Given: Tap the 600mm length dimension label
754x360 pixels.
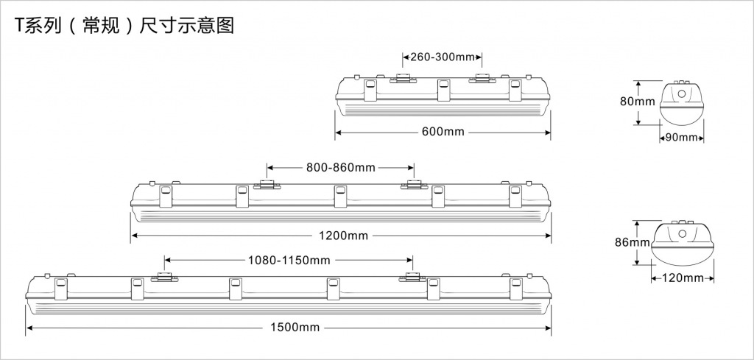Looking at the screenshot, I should [x=443, y=133].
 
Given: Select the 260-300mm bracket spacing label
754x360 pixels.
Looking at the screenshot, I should [x=442, y=57].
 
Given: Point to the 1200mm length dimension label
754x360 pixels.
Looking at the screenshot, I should [x=343, y=236].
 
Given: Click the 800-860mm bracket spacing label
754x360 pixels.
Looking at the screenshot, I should [x=340, y=168].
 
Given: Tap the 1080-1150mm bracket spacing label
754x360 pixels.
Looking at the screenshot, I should [x=288, y=260].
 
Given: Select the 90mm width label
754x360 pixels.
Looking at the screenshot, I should [x=681, y=138].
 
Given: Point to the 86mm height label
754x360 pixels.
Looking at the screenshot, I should [x=633, y=242].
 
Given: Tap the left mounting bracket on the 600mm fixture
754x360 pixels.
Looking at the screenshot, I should [x=403, y=78].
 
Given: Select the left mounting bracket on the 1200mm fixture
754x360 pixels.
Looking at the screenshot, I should [x=267, y=184].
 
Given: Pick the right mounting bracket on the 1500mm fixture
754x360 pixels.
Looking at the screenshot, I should [x=412, y=277].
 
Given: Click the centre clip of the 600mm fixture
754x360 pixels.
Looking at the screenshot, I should [x=443, y=91].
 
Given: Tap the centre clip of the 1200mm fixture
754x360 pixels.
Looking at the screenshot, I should [x=340, y=197].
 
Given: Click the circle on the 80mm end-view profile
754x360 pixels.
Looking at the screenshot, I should [x=682, y=94].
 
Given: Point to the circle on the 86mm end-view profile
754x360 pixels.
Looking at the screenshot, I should [x=682, y=235].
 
